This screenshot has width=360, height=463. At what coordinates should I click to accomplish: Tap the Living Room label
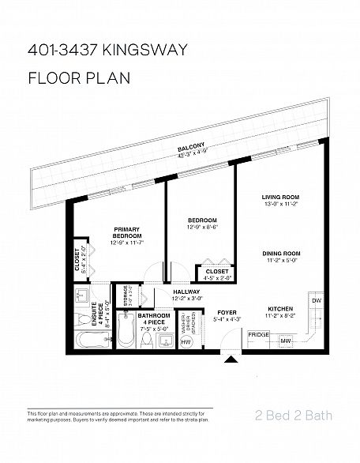[x=282, y=199]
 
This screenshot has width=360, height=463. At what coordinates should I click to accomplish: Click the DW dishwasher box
[x=315, y=301]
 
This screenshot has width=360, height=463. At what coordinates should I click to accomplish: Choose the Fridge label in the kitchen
[x=258, y=335]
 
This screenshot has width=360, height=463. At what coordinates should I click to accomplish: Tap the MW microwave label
[x=285, y=341]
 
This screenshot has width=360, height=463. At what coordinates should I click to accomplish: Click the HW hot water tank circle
[x=186, y=342]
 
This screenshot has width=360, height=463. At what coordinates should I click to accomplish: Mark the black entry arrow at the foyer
[x=231, y=359]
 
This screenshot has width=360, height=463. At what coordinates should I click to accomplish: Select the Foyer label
[x=227, y=314]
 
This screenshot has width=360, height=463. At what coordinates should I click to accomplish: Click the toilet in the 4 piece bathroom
[x=146, y=339]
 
